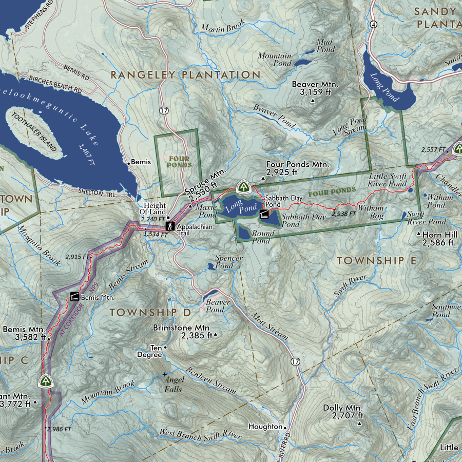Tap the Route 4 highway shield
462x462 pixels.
point(373,24)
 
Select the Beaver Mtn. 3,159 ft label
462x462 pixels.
point(314,88)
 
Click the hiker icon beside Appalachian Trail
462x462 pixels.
point(169,226)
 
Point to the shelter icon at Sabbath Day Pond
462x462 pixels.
point(264,214)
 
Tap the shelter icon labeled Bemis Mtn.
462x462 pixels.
point(74,297)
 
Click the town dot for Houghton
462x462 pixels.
point(284,427)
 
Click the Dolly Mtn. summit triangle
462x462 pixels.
point(359,423)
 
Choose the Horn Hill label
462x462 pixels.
point(439,238)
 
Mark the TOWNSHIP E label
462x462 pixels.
point(376,261)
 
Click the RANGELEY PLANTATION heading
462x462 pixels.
point(186,75)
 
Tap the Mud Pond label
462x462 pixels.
point(325,46)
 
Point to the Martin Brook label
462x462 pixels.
point(223,27)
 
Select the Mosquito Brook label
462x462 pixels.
point(39,240)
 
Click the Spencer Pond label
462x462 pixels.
point(228,262)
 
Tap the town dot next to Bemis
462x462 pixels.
point(129,163)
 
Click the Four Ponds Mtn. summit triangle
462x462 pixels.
point(263,178)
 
